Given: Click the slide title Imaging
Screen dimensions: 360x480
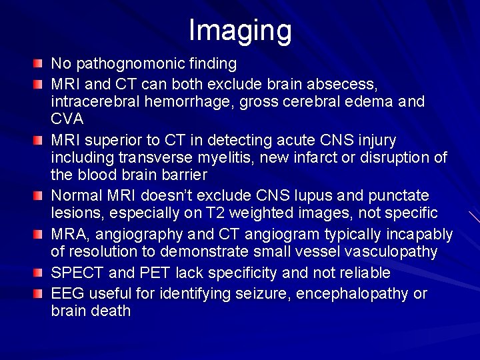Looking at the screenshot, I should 240,31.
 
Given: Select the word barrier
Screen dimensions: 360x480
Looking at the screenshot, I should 183,176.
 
